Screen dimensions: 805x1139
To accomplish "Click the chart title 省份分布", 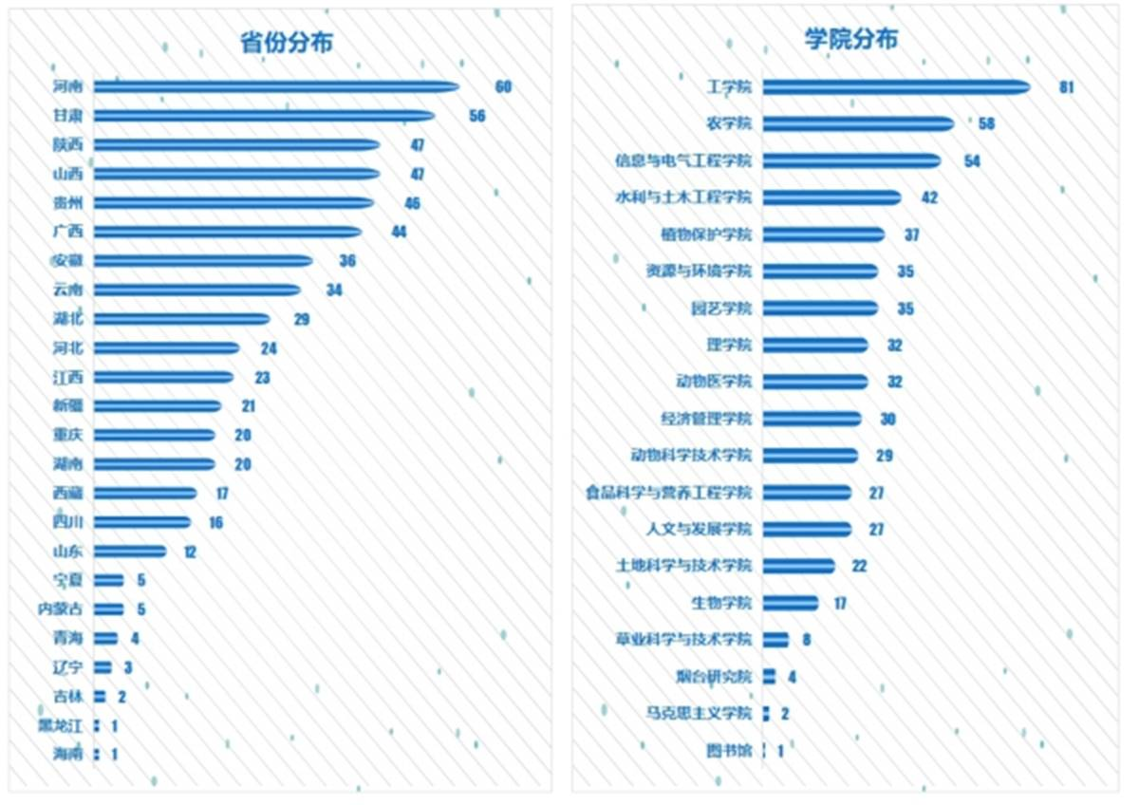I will [286, 43].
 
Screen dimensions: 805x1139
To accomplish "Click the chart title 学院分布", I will [850, 39].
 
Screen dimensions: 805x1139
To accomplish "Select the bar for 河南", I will [275, 87].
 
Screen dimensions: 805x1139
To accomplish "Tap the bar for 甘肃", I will [264, 116].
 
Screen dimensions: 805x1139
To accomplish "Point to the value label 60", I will [503, 87].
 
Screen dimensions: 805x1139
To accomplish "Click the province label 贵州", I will [68, 203].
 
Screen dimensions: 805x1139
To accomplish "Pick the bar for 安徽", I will [203, 261].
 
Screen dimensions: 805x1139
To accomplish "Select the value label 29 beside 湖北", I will [302, 319].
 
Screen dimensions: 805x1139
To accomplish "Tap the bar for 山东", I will [130, 552].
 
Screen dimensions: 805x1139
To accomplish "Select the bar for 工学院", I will [896, 87].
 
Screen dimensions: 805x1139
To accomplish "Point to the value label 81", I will [1066, 87].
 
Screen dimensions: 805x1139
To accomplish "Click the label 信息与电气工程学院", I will [682, 161].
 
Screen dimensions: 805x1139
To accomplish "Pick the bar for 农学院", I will [858, 124].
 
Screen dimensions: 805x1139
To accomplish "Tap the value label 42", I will [929, 197].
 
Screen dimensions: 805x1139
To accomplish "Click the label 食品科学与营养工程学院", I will [668, 493].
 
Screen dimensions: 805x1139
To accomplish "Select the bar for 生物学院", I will [790, 603].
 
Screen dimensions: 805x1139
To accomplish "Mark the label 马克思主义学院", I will [697, 713].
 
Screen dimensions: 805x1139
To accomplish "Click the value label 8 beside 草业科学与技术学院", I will [806, 640].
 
